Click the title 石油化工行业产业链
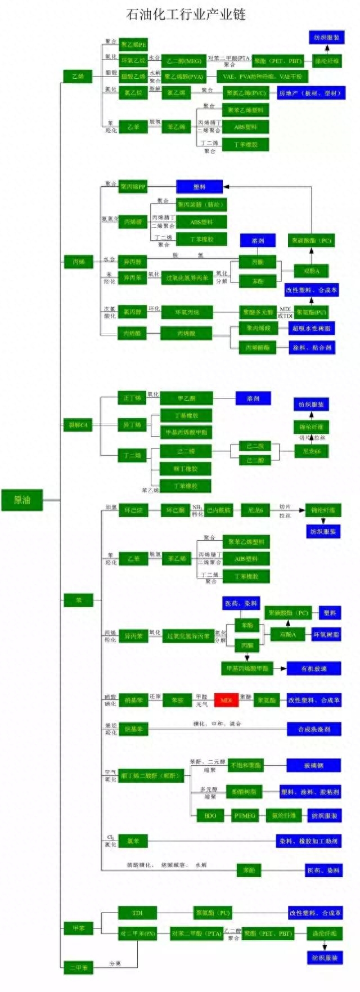(x=186, y=14)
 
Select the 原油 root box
(x=22, y=500)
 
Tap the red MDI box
(x=226, y=700)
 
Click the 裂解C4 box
(x=78, y=425)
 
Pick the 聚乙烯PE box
(x=133, y=44)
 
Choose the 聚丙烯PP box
(x=133, y=186)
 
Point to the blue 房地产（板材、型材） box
(x=310, y=93)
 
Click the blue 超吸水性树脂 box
(x=312, y=328)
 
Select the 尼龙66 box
(x=312, y=451)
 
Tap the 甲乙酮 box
(x=186, y=398)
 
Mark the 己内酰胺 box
(x=218, y=510)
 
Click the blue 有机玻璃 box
(x=313, y=668)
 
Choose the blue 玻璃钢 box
(x=313, y=765)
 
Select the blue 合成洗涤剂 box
(x=313, y=729)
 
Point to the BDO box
(x=210, y=815)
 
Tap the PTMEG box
(x=245, y=815)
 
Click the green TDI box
(x=137, y=913)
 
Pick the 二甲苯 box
(x=78, y=967)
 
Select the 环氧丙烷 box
(x=187, y=312)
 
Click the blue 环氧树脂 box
(x=326, y=634)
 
